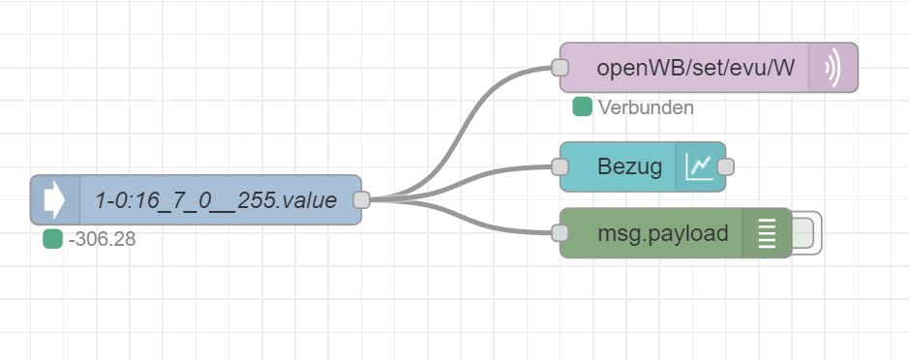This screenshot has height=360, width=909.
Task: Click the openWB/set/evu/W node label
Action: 695,68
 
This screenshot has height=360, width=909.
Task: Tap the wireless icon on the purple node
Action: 833,68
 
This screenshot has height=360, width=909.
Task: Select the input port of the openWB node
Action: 560,67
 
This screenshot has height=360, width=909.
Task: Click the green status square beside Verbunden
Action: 582,107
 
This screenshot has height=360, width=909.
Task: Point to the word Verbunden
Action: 646,107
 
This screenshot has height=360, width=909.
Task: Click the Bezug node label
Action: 629,167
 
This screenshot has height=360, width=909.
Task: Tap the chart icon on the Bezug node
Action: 700,167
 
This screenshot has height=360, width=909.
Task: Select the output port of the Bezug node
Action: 726,167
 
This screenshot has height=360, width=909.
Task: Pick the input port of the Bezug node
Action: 560,167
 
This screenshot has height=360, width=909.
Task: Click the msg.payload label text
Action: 662,233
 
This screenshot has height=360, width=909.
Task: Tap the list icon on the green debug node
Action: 767,233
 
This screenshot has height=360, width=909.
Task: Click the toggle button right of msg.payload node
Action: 806,233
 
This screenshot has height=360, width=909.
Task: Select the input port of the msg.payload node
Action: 560,233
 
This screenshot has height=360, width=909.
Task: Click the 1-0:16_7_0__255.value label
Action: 216,200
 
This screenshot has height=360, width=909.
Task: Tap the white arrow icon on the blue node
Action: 54,200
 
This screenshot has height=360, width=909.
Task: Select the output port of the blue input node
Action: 362,200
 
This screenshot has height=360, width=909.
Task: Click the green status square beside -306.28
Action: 52,239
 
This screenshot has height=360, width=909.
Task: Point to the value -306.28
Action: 102,239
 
